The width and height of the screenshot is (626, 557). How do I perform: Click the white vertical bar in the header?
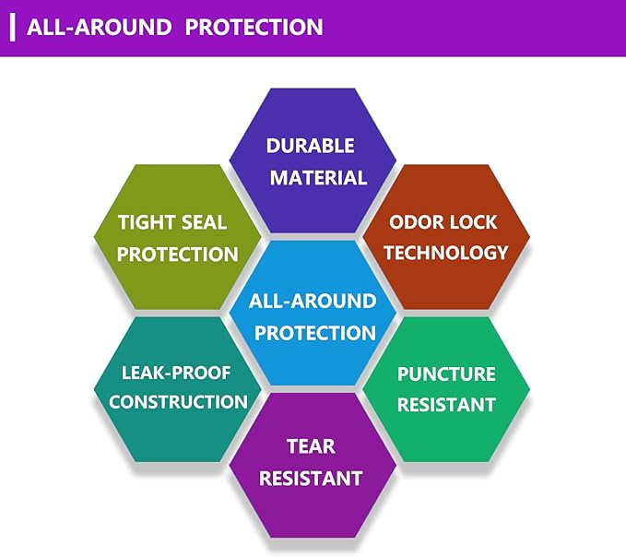(12, 27)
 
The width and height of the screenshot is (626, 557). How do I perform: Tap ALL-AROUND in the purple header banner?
(100, 27)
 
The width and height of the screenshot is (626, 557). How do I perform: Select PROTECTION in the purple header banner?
(254, 27)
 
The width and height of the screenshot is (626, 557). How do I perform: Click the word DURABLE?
(310, 146)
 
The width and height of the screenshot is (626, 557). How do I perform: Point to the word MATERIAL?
(318, 178)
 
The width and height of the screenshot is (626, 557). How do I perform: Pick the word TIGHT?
(145, 222)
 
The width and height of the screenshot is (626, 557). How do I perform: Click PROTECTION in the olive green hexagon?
(178, 255)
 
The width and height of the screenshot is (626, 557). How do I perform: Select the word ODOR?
(415, 222)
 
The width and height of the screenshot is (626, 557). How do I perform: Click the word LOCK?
(474, 222)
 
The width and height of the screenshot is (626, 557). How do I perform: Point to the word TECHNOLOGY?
(446, 253)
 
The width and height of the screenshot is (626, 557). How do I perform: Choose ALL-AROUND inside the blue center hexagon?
(313, 301)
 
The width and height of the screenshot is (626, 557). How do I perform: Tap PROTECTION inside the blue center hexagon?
(315, 333)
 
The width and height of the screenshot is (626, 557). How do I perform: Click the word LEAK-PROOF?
(176, 373)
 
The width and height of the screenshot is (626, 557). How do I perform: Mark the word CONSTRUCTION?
(178, 402)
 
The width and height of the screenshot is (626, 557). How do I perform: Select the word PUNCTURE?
(446, 374)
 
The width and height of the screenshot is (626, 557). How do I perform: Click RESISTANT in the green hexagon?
(446, 405)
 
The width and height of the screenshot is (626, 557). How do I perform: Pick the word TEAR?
(311, 446)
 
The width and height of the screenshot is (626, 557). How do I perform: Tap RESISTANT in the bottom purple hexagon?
(311, 479)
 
